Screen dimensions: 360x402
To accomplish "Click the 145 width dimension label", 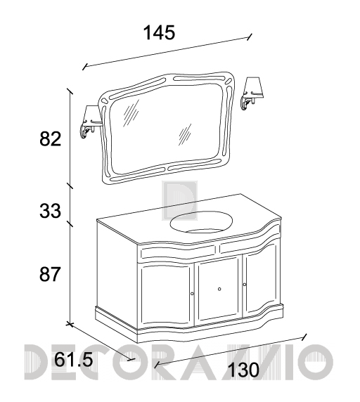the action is [159, 32].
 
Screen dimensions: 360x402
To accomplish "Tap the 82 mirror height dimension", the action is [50, 139].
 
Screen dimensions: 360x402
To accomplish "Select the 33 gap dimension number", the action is [50, 211].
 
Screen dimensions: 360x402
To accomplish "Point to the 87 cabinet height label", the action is [50, 274].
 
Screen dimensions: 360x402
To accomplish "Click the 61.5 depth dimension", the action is [73, 360].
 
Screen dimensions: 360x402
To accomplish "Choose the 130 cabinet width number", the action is [243, 370].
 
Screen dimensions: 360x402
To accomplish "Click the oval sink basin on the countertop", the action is [202, 222].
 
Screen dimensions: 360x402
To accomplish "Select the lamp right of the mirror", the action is [252, 93].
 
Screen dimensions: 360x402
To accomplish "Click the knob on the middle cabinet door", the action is [219, 289].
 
